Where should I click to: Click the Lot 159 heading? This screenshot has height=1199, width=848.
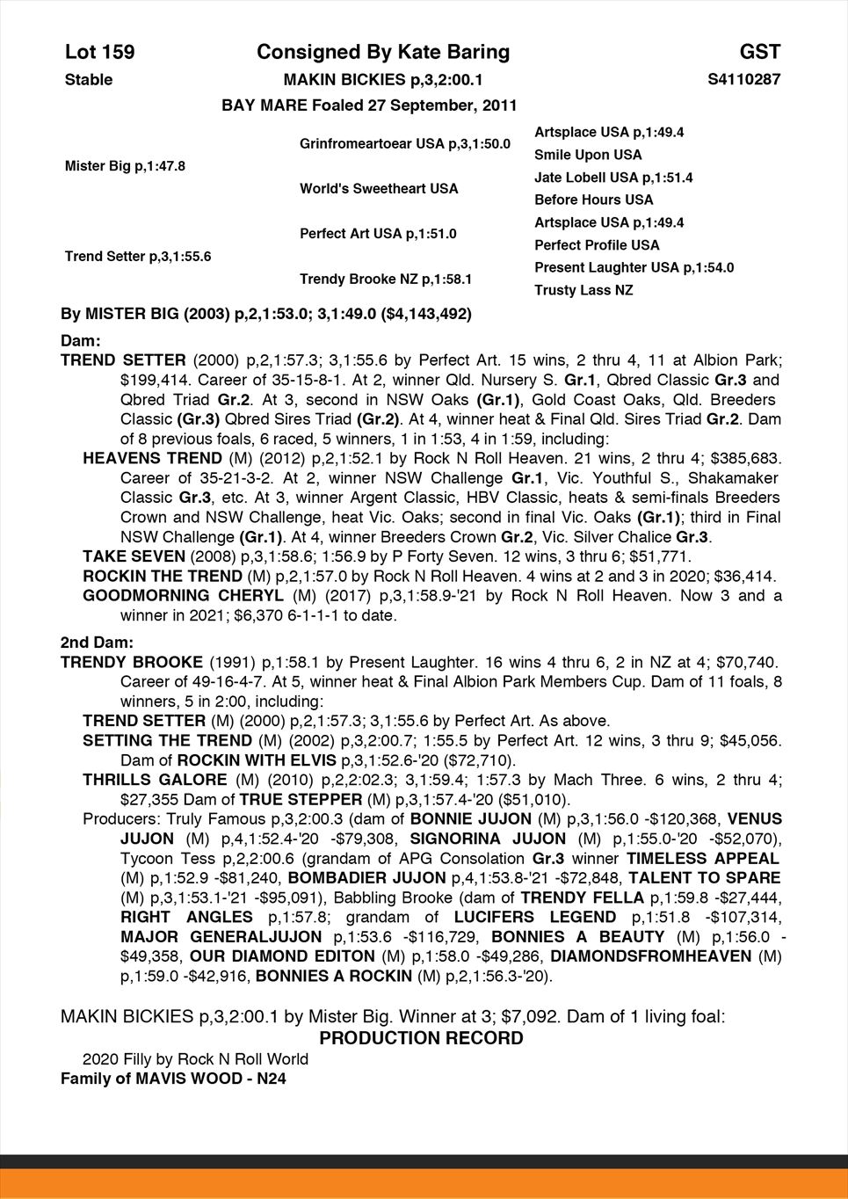click(100, 53)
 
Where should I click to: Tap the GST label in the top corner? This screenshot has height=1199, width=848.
click(759, 53)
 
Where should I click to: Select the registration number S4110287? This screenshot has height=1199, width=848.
click(743, 80)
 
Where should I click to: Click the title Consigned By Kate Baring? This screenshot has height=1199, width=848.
click(383, 53)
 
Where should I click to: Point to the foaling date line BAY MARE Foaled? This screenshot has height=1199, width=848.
click(369, 105)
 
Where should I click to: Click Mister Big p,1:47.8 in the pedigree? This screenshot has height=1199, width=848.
click(125, 166)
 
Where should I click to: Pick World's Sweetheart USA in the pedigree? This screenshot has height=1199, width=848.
click(379, 189)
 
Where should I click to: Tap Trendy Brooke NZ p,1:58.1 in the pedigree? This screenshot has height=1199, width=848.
click(386, 280)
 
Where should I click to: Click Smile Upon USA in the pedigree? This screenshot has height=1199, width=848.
click(588, 155)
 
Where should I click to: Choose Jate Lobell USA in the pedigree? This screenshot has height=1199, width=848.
click(613, 178)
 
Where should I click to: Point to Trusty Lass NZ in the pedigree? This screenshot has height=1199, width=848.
click(583, 290)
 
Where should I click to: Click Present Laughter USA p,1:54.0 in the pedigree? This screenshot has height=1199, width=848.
click(634, 267)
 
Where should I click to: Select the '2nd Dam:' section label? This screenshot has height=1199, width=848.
click(97, 643)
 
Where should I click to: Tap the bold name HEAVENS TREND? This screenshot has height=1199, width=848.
click(152, 458)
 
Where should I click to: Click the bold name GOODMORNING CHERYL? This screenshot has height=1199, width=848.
click(183, 596)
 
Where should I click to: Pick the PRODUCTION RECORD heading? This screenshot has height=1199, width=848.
click(421, 1038)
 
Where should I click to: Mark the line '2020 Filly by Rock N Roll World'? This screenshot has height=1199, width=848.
click(195, 1058)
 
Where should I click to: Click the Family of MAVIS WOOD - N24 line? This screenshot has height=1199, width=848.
click(173, 1078)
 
